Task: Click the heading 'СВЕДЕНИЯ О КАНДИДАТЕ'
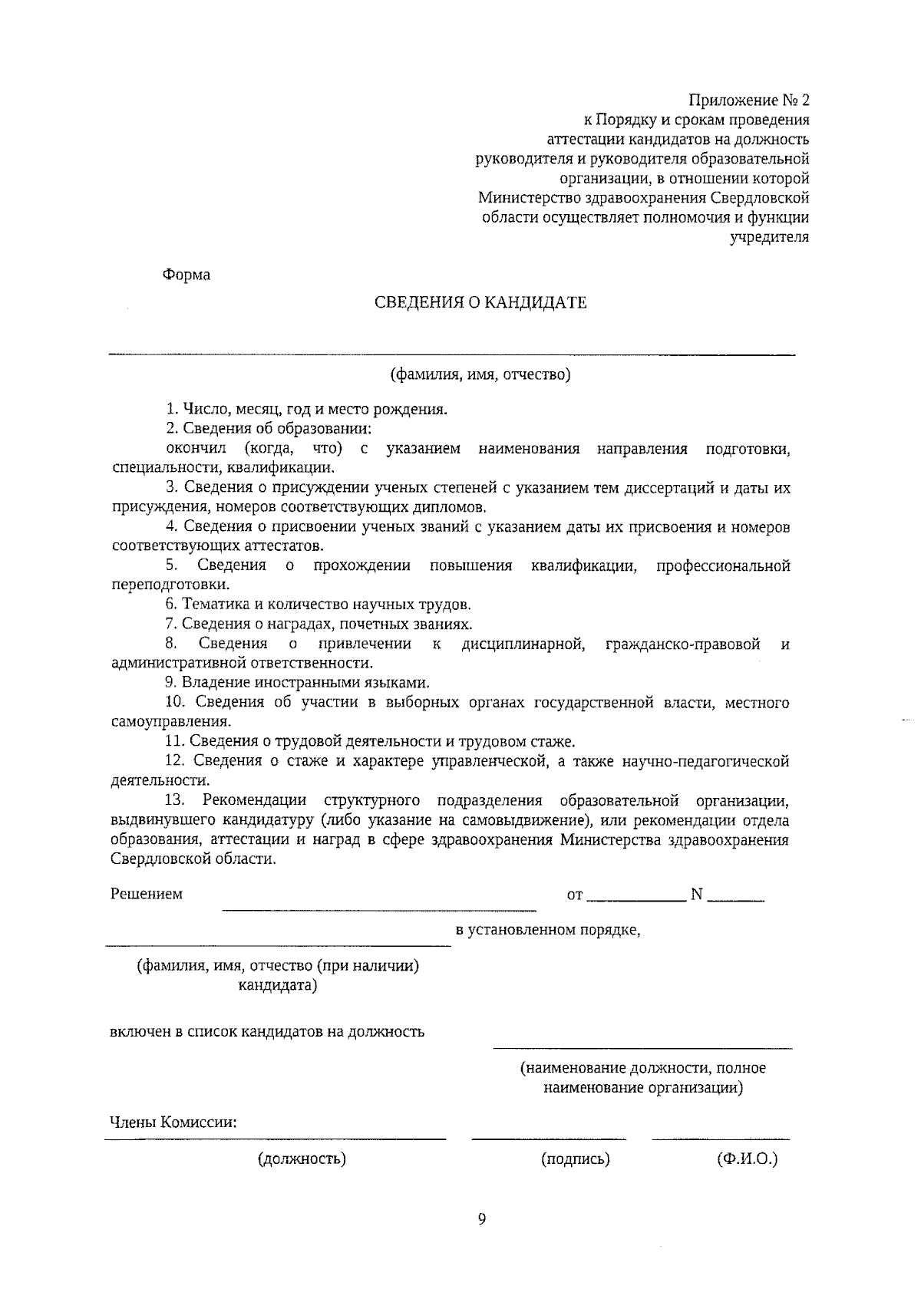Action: (480, 302)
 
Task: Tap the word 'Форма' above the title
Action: (187, 275)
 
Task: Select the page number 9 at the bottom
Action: (482, 1219)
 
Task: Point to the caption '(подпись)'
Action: (576, 1159)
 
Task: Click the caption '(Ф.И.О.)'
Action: (747, 1159)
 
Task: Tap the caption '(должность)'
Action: (302, 1159)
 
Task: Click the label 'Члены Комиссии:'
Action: (173, 1122)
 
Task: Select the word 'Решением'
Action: (147, 894)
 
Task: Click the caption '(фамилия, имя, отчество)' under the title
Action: (480, 375)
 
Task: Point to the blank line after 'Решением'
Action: (379, 909)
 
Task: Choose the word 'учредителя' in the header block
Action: (769, 237)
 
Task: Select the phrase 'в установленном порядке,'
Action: (548, 931)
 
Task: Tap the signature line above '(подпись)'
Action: (549, 1139)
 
